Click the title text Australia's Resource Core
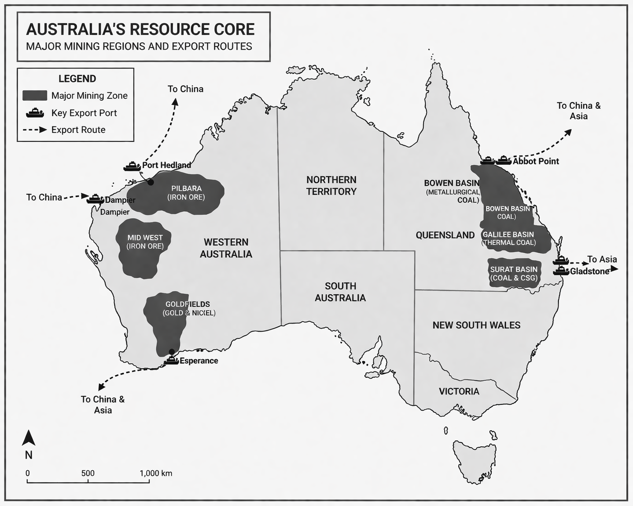[140, 29]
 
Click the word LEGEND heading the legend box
[77, 79]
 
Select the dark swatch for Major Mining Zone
[35, 95]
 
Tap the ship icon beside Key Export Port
[35, 112]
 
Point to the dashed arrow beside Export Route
[35, 130]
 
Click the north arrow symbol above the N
[28, 438]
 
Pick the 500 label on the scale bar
[88, 473]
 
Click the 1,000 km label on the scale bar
[156, 473]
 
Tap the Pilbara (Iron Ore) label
[186, 193]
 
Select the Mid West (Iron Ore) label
[145, 242]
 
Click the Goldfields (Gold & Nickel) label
[188, 309]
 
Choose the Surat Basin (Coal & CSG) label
[514, 274]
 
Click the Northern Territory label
[331, 186]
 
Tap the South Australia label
[340, 292]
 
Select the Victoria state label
[459, 391]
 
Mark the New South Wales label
[476, 325]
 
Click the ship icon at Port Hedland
[132, 166]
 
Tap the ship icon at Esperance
[172, 360]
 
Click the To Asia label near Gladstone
[602, 259]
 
